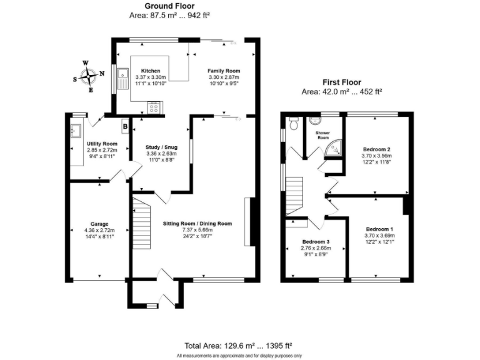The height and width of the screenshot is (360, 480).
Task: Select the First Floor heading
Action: [342, 82]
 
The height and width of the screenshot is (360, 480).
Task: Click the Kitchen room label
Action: [151, 71]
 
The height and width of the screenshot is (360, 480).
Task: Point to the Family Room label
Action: [224, 71]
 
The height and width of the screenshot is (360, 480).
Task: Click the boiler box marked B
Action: [125, 126]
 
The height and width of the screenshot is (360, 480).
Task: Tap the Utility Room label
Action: [102, 144]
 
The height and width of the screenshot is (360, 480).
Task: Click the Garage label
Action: [99, 224]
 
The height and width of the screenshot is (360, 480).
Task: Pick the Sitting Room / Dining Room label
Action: [197, 224]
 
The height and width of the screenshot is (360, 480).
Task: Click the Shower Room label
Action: [322, 135]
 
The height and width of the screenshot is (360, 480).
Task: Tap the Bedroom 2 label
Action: [377, 149]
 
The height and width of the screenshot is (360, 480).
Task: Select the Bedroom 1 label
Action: [379, 229]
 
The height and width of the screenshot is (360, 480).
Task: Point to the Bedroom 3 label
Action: [316, 242]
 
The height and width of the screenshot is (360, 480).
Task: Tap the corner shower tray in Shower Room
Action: [336, 148]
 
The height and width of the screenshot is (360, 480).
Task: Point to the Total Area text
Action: [239, 345]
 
